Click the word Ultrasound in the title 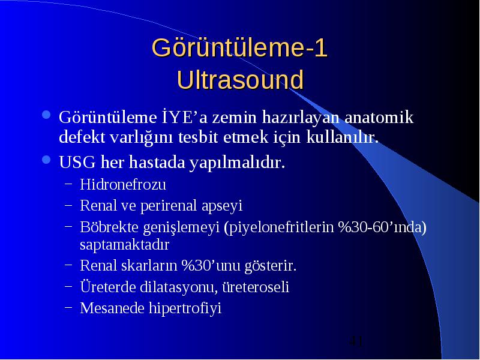tap(241, 80)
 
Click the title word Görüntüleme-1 tap(239, 48)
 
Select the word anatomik tap(379, 118)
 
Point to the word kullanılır tap(343, 137)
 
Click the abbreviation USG tap(77, 162)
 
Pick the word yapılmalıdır tap(237, 163)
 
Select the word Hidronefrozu tap(123, 184)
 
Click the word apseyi tap(222, 206)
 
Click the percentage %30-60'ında tap(382, 227)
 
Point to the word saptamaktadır tap(124, 245)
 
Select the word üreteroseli tap(256, 287)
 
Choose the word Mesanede tap(112, 308)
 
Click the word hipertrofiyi tap(185, 308)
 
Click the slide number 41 tap(356, 341)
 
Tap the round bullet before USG tap(46, 160)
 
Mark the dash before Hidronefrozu tap(68, 185)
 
